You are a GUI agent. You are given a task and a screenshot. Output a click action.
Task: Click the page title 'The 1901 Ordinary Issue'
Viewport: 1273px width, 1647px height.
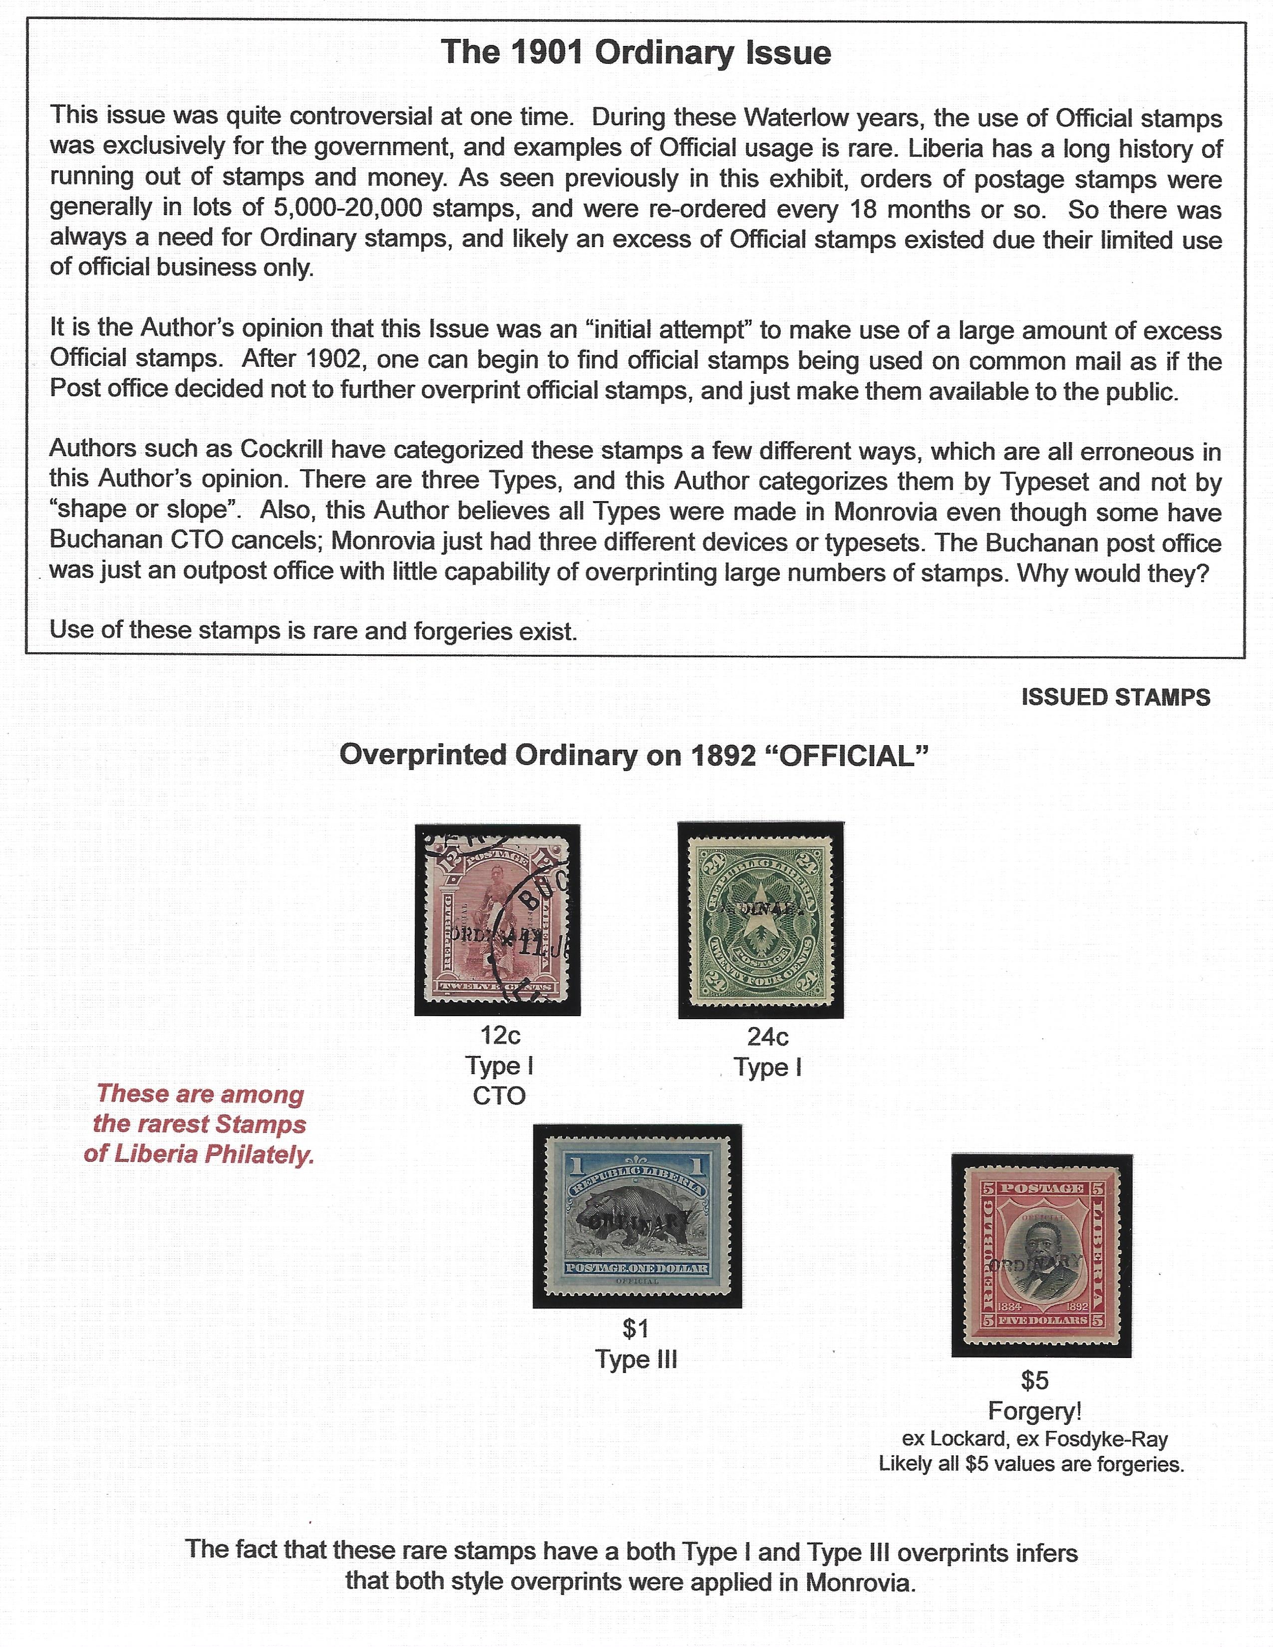[x=636, y=53]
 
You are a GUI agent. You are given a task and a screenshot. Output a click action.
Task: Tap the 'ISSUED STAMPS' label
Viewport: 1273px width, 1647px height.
[x=1115, y=698]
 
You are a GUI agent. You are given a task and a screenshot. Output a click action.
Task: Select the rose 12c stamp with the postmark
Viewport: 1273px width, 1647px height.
[x=498, y=920]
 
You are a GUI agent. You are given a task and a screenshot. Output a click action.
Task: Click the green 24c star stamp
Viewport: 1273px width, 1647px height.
[x=760, y=920]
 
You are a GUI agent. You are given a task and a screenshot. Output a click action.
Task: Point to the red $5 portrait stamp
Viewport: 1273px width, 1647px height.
[x=1041, y=1255]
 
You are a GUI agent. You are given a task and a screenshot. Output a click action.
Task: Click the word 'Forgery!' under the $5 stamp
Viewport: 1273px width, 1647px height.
[x=1035, y=1411]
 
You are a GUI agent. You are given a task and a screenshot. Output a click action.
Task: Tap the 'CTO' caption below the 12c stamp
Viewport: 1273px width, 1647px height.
[x=499, y=1096]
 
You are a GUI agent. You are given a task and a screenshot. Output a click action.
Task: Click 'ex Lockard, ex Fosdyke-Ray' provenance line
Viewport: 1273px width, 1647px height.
[x=1035, y=1439]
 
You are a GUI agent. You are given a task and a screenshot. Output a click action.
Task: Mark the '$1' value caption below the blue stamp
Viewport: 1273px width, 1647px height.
[x=636, y=1329]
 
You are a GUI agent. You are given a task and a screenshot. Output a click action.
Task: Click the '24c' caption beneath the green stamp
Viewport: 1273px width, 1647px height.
[x=768, y=1038]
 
